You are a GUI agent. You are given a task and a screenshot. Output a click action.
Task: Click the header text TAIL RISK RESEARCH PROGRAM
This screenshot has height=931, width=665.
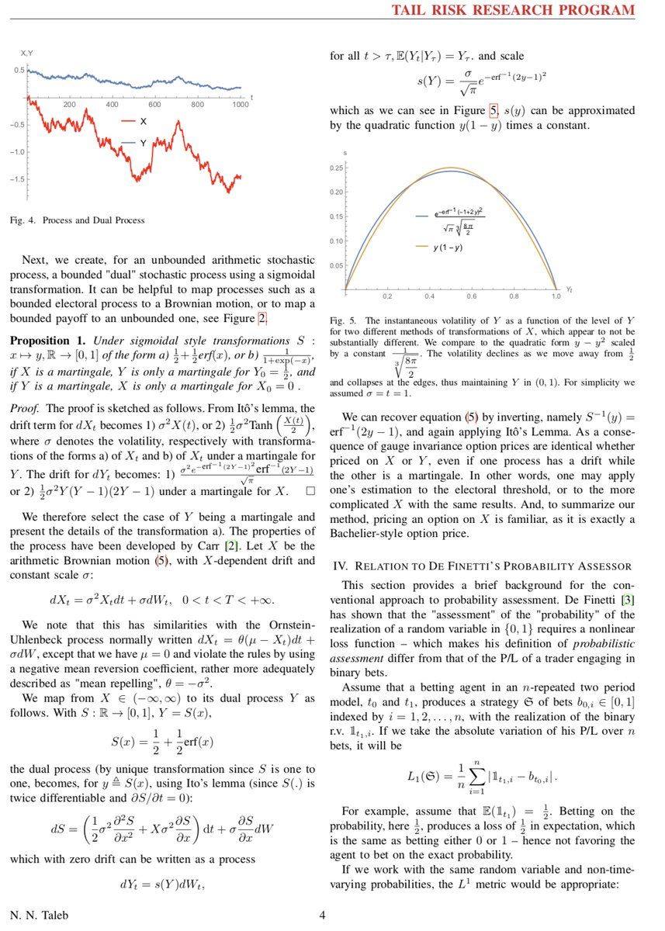point(513,10)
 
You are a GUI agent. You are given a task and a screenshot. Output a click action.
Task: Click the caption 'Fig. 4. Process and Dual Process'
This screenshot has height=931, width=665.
point(77,220)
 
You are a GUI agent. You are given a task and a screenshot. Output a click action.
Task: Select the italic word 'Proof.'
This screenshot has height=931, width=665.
point(26,408)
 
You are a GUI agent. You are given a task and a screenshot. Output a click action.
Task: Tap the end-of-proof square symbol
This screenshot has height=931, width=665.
point(310,491)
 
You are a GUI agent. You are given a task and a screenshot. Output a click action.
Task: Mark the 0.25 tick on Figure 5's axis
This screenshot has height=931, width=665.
point(337,168)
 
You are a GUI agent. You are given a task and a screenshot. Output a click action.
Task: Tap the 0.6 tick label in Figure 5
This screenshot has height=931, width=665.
point(472,296)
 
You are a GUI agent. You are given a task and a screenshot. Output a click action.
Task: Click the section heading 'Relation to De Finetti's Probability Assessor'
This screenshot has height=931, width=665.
point(482,566)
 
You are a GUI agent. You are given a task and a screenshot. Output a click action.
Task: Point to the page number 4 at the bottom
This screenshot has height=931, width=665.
point(322,915)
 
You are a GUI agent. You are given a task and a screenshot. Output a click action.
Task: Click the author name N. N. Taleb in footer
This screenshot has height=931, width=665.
point(39,915)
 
